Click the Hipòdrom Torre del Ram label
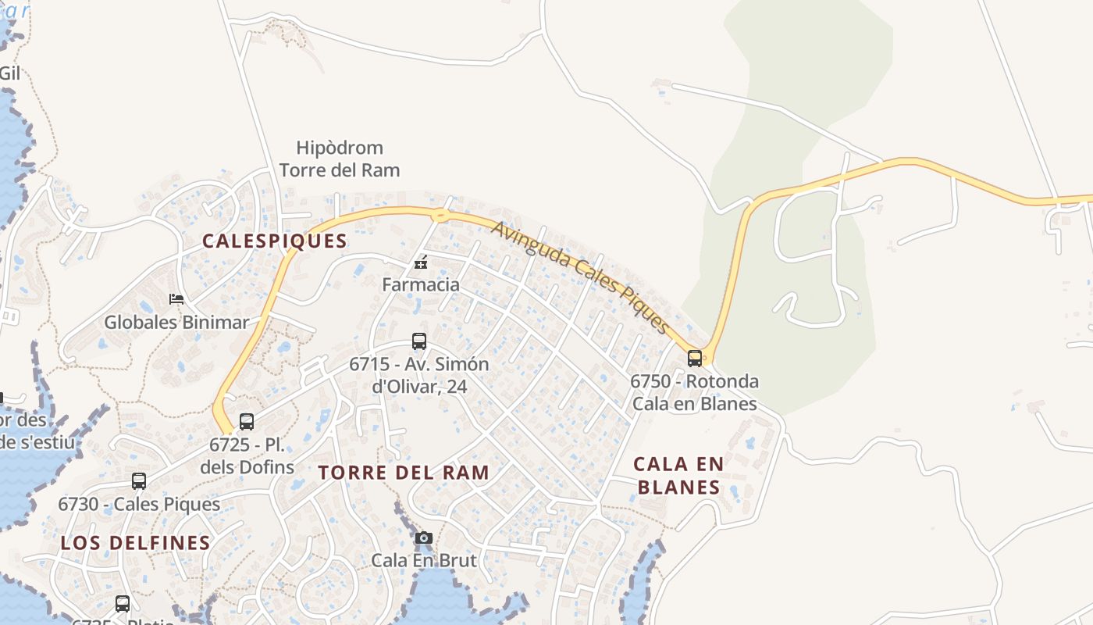tap(340, 159)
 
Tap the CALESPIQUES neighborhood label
tap(275, 241)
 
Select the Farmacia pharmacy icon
tap(421, 262)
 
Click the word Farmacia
tap(421, 284)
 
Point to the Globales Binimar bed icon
tap(176, 299)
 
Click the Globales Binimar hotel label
tap(176, 322)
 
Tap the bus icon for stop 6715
tap(419, 341)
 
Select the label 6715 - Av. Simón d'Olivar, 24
tap(419, 375)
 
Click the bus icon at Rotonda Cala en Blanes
tap(695, 359)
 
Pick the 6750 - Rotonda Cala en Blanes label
tap(695, 392)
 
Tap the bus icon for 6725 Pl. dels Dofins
tap(247, 422)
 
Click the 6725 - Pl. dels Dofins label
tap(247, 456)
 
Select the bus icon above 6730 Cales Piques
tap(139, 481)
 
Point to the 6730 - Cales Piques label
tap(139, 504)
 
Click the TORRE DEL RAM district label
tap(404, 473)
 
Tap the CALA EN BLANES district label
tap(678, 475)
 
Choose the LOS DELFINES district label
tap(136, 543)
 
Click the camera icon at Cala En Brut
tap(424, 537)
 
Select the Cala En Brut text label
tap(424, 560)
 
